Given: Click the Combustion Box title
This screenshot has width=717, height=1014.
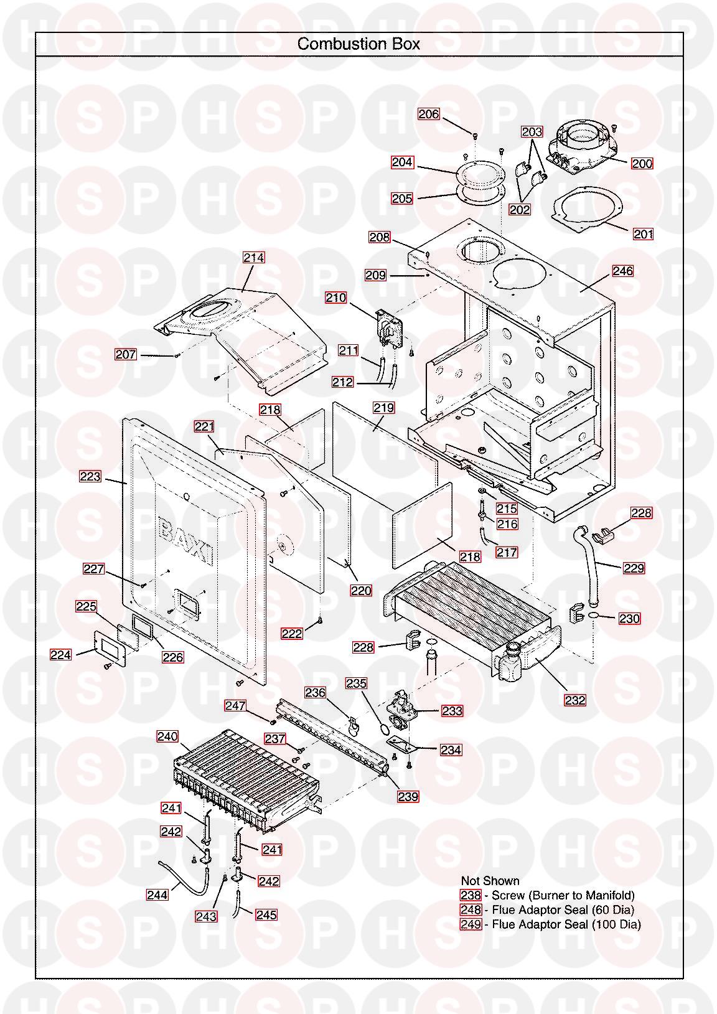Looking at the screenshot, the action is pos(358,44).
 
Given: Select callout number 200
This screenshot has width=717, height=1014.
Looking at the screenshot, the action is pos(642,164).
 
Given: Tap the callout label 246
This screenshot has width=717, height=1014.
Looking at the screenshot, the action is pos(622,271).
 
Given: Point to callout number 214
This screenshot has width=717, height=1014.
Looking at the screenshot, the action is pos(253,258).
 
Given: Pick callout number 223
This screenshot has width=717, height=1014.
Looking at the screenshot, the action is pos(90,476).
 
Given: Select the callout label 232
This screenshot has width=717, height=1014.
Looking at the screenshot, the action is pos(575,700).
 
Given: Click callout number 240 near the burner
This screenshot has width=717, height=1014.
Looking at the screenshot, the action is pos(167,736).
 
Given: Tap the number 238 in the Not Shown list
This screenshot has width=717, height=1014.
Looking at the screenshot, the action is pos(471,895).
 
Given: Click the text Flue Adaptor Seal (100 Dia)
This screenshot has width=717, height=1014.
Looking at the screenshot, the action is pos(566,924).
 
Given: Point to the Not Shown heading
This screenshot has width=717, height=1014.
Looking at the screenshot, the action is pos(490,880).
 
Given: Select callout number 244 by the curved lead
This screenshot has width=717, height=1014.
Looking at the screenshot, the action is pos(157,894).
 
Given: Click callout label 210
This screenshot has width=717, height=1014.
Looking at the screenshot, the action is pos(336,298).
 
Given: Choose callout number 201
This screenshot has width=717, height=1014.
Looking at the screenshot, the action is pos(643,234).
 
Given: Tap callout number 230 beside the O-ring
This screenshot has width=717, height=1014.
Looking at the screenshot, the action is pos(629,618).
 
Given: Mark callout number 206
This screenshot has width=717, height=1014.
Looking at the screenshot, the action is pos(429,114).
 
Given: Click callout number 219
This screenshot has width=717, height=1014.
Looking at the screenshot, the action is pos(383,408).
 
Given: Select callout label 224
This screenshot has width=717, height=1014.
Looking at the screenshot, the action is pos(60,655).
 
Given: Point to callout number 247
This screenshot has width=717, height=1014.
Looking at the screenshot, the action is pos(235,705).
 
